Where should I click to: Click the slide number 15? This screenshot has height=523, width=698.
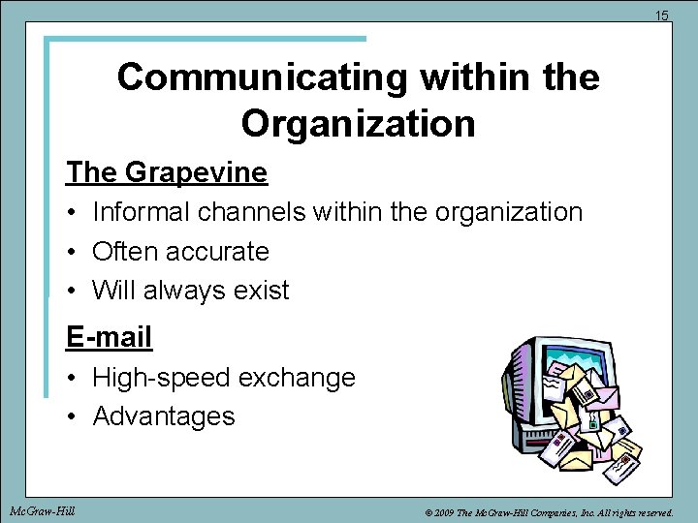point(662,15)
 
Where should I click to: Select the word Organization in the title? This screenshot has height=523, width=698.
point(359,123)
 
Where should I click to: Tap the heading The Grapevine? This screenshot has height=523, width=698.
point(167,172)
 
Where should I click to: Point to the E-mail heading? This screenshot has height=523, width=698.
point(110,337)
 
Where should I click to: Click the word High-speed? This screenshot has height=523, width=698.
point(155,378)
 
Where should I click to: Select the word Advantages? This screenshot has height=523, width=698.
point(164,416)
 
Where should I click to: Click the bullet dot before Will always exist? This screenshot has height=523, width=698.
point(73,291)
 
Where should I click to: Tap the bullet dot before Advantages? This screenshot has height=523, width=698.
point(73,416)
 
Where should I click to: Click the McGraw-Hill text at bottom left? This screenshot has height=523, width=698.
point(42,509)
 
